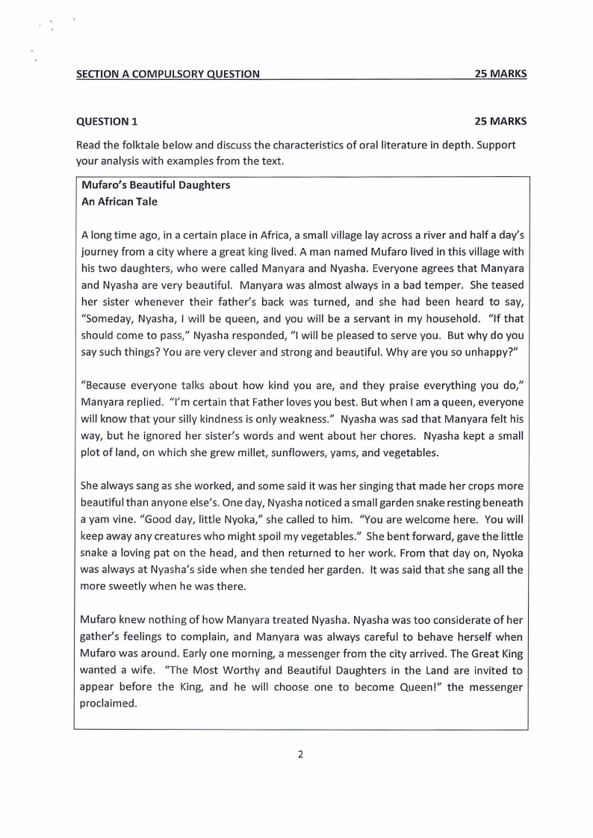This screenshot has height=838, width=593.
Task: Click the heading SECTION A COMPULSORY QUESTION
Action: click(168, 74)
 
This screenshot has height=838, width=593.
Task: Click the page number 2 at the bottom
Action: click(300, 754)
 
